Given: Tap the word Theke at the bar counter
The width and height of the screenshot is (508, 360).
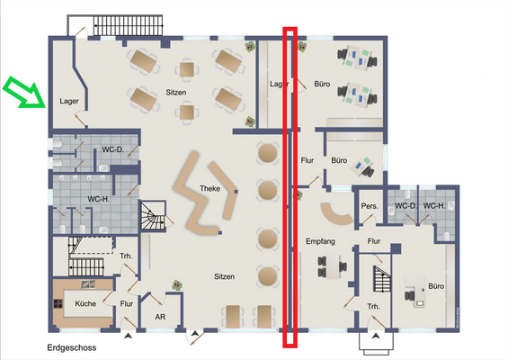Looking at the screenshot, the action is click(x=209, y=188).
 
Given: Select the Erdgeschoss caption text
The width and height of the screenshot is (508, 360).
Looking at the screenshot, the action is click(x=72, y=347).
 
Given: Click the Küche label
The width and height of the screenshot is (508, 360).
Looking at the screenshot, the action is click(x=85, y=303).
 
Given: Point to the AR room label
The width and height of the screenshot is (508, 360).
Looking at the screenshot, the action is click(x=160, y=317).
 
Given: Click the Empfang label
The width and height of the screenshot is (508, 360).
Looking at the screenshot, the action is click(x=320, y=241).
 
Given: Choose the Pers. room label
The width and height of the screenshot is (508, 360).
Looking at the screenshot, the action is click(x=370, y=206).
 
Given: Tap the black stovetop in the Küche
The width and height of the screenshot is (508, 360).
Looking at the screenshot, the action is click(x=58, y=303).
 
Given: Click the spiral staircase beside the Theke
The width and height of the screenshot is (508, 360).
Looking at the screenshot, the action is click(x=153, y=215).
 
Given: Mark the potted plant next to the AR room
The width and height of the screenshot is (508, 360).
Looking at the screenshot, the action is click(x=177, y=285).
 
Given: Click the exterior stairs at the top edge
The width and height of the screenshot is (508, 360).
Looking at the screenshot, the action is click(x=129, y=25).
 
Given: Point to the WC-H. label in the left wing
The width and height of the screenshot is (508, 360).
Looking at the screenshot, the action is click(x=99, y=199).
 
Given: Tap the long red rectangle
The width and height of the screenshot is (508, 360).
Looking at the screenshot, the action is click(x=290, y=187).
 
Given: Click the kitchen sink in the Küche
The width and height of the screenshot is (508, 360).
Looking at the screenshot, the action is click(x=88, y=284).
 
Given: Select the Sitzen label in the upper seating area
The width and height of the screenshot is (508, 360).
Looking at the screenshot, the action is click(x=176, y=93).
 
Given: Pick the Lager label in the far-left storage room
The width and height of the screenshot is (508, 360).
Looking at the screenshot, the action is click(x=69, y=101).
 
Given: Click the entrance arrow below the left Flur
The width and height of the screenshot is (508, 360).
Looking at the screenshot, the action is click(x=129, y=336).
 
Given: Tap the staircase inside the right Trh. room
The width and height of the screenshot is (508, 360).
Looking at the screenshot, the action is click(x=382, y=279).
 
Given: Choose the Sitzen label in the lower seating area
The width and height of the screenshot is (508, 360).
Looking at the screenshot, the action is click(x=224, y=276).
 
